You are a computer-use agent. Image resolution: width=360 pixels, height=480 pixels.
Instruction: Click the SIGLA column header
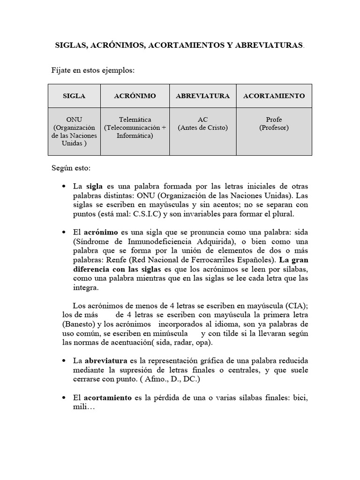coord(74,96)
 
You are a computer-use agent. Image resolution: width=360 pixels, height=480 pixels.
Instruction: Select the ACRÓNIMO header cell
coord(135,96)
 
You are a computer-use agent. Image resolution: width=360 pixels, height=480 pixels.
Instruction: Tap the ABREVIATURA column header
coord(202,96)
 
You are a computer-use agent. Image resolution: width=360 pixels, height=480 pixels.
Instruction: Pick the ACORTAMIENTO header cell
coord(274,96)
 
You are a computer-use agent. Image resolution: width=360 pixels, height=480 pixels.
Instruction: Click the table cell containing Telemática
coord(135,128)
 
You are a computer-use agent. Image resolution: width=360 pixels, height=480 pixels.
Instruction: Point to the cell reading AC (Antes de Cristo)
coord(202,124)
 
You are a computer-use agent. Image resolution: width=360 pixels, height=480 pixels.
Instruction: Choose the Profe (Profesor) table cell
coord(274,124)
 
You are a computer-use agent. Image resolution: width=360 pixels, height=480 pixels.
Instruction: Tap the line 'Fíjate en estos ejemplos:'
coord(93,71)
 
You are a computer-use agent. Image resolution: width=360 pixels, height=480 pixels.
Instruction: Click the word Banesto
coord(79,324)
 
